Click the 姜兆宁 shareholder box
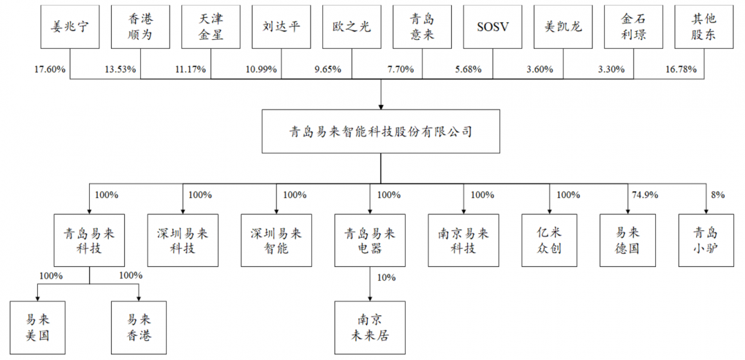(x=70, y=27)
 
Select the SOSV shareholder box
(x=493, y=27)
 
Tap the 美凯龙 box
(x=563, y=27)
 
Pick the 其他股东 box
(x=704, y=27)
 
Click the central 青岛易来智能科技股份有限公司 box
(x=381, y=132)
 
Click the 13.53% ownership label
(x=120, y=70)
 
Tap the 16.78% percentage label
(x=681, y=70)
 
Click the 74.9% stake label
(x=644, y=194)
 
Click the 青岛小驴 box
(x=705, y=240)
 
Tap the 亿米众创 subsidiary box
(x=549, y=240)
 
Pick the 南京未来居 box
(x=370, y=328)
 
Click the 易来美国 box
(x=38, y=328)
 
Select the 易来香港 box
(x=139, y=328)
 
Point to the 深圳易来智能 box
(x=276, y=240)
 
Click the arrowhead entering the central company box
(x=381, y=106)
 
